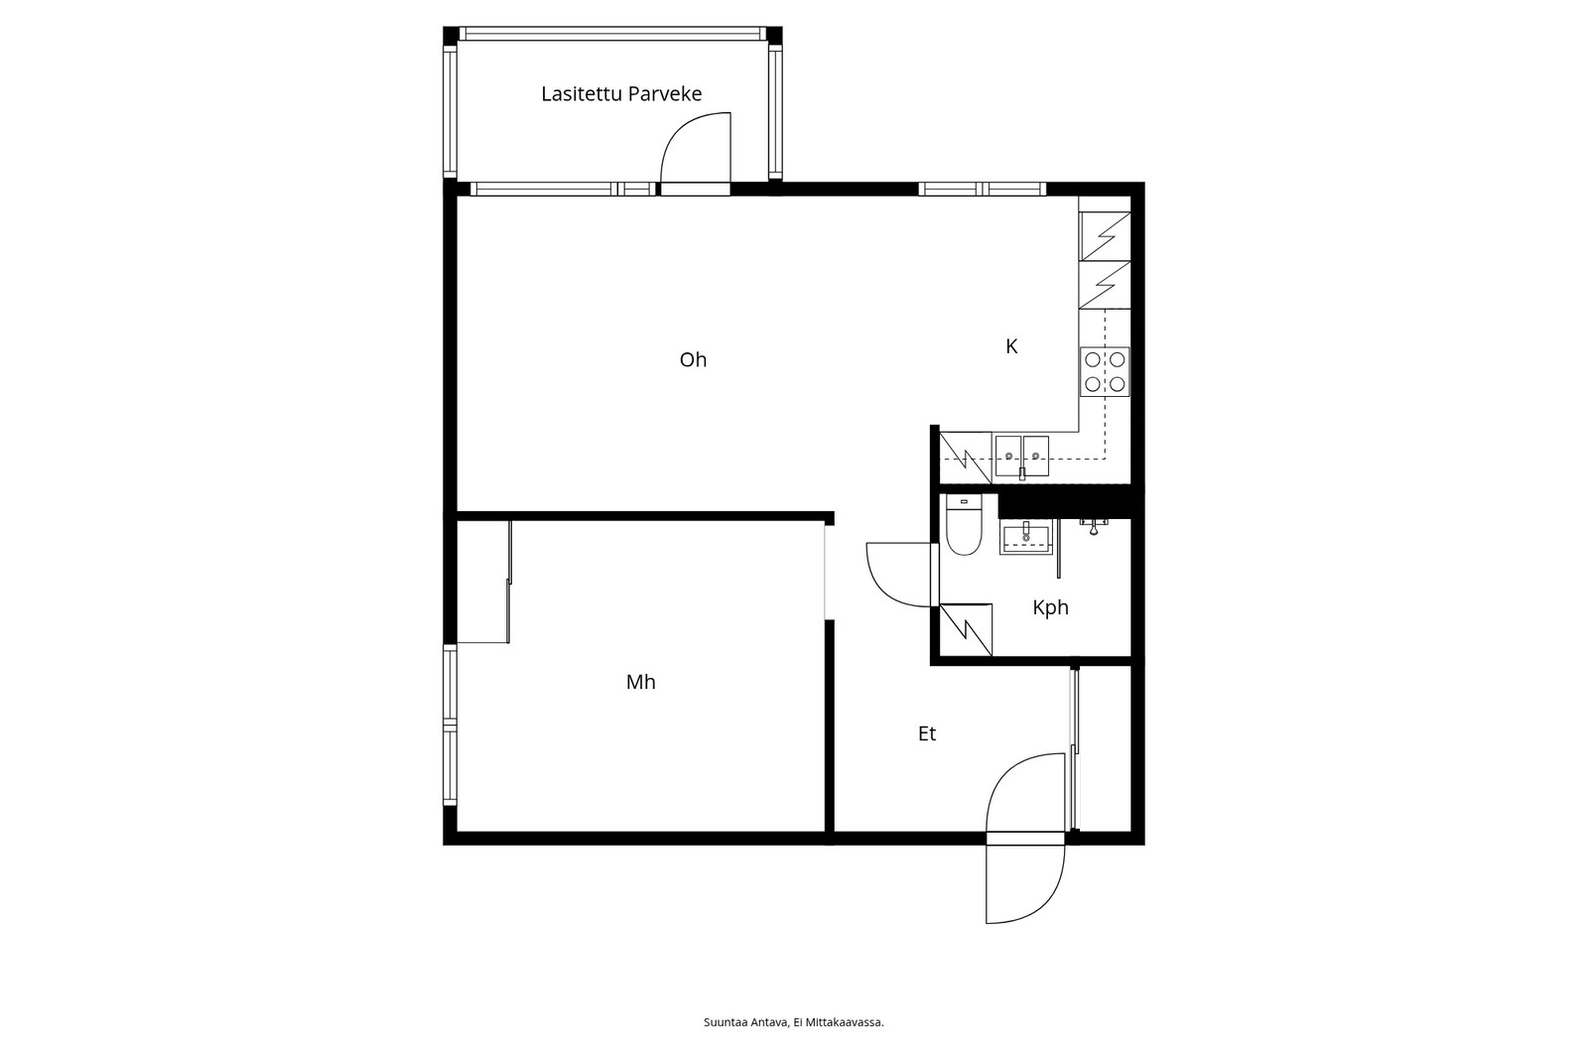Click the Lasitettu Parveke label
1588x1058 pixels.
point(621,93)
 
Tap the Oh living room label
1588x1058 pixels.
point(693,360)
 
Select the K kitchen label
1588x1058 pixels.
point(1011,346)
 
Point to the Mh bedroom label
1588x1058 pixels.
point(640,682)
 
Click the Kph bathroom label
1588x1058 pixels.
point(1050,607)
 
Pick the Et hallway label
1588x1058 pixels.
point(927,733)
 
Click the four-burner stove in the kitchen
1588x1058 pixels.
point(1105,371)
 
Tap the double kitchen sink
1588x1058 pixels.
point(1021,456)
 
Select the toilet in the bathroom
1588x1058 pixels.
point(964,525)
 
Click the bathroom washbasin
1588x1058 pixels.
point(1026,537)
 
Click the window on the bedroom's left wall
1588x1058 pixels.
point(451,725)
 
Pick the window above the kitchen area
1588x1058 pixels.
point(982,190)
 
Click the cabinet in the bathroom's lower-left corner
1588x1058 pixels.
point(966,629)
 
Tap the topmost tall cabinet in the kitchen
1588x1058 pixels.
point(1105,236)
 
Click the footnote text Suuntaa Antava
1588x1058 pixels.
point(745,1022)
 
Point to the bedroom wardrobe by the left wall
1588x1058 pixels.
point(483,582)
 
